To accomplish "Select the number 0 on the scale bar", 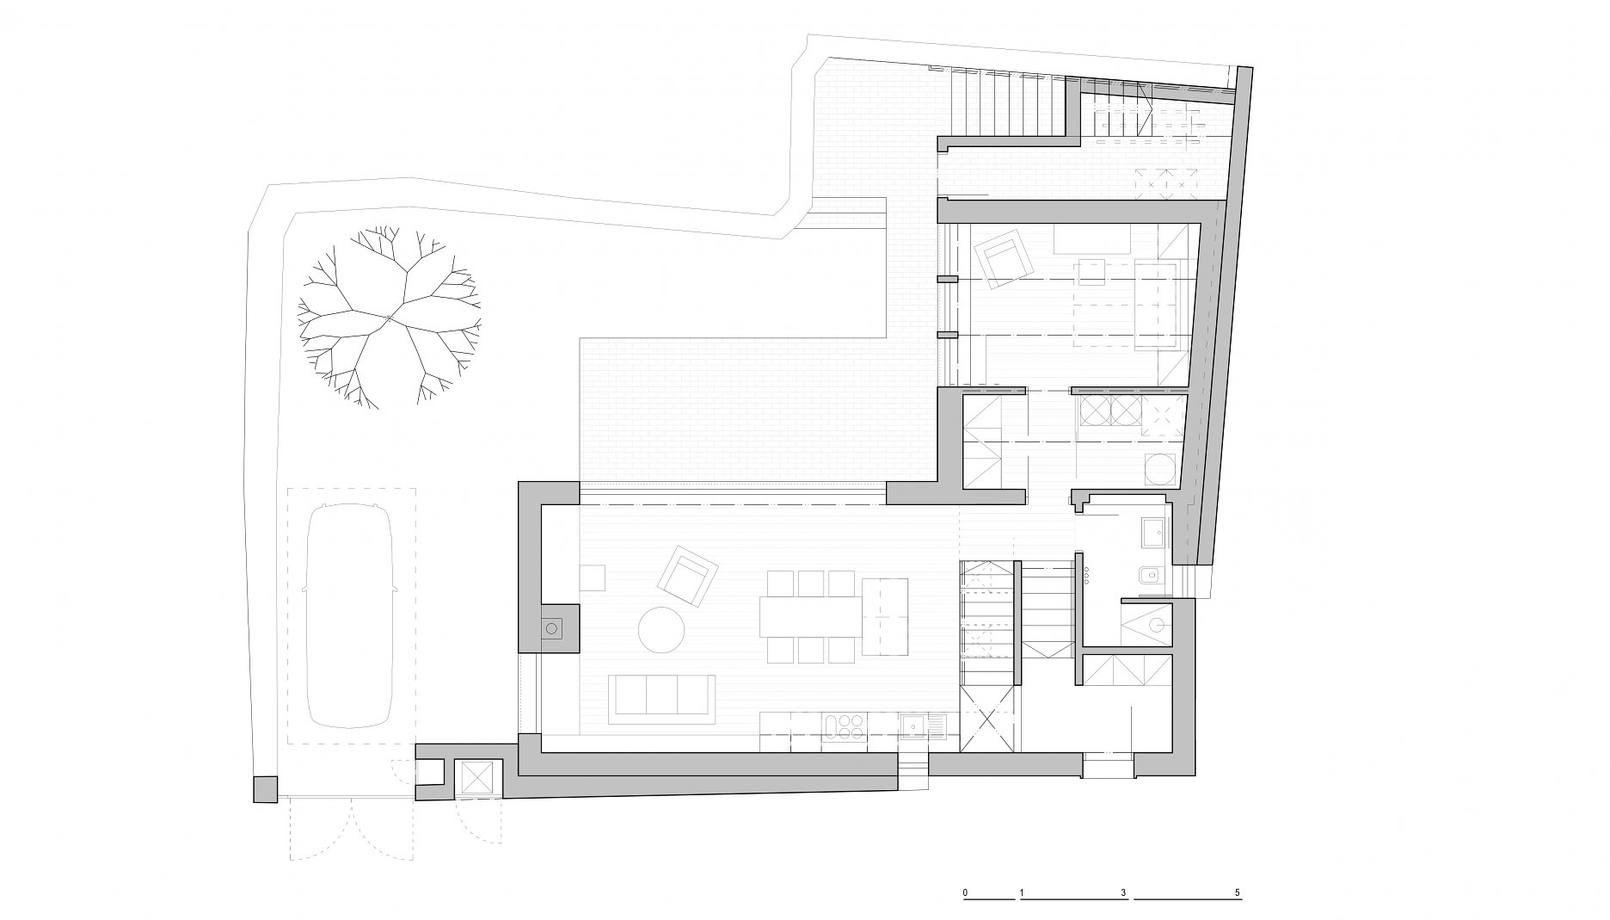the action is (x=966, y=892).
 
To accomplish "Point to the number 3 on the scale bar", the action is (x=1123, y=892).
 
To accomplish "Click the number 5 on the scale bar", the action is (x=1237, y=892).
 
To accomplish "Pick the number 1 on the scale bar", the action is (x=1021, y=892).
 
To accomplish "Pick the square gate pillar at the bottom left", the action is (x=266, y=789).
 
